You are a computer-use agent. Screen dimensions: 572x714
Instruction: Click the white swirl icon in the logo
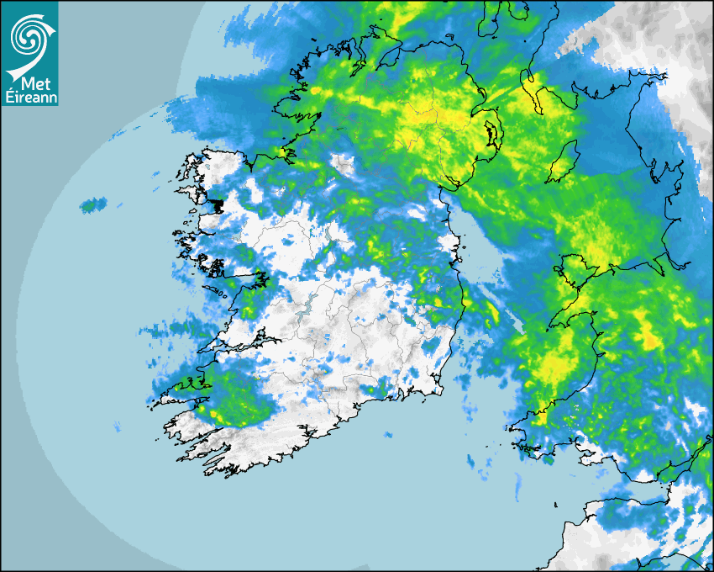[x=29, y=36]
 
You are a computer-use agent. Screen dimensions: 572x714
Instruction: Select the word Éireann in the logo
[x=29, y=95]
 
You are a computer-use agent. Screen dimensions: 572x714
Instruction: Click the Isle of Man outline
[x=564, y=162]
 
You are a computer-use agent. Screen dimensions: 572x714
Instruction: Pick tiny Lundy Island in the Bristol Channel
[x=556, y=505]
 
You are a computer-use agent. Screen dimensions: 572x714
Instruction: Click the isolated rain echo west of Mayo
[x=93, y=204]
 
